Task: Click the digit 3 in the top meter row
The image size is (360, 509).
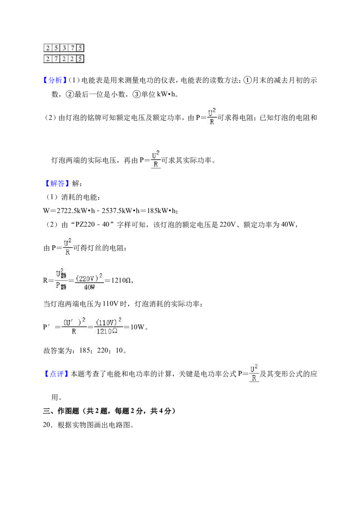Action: [64, 48]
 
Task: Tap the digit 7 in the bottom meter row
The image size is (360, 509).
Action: [56, 59]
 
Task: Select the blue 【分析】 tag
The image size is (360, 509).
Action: [54, 80]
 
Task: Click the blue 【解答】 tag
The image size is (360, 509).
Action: [57, 183]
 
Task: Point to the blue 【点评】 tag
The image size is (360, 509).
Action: [56, 374]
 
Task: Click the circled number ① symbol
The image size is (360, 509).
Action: [247, 80]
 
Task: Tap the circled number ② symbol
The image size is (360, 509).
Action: [70, 94]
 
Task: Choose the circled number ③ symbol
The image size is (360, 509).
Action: [136, 94]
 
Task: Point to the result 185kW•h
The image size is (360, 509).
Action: [161, 211]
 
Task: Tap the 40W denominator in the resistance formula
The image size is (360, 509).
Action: [90, 287]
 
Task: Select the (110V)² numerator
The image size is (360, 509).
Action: [108, 322]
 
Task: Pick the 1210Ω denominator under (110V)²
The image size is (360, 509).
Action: [107, 331]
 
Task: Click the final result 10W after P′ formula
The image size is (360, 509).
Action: [137, 327]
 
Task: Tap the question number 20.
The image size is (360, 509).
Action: [47, 425]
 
